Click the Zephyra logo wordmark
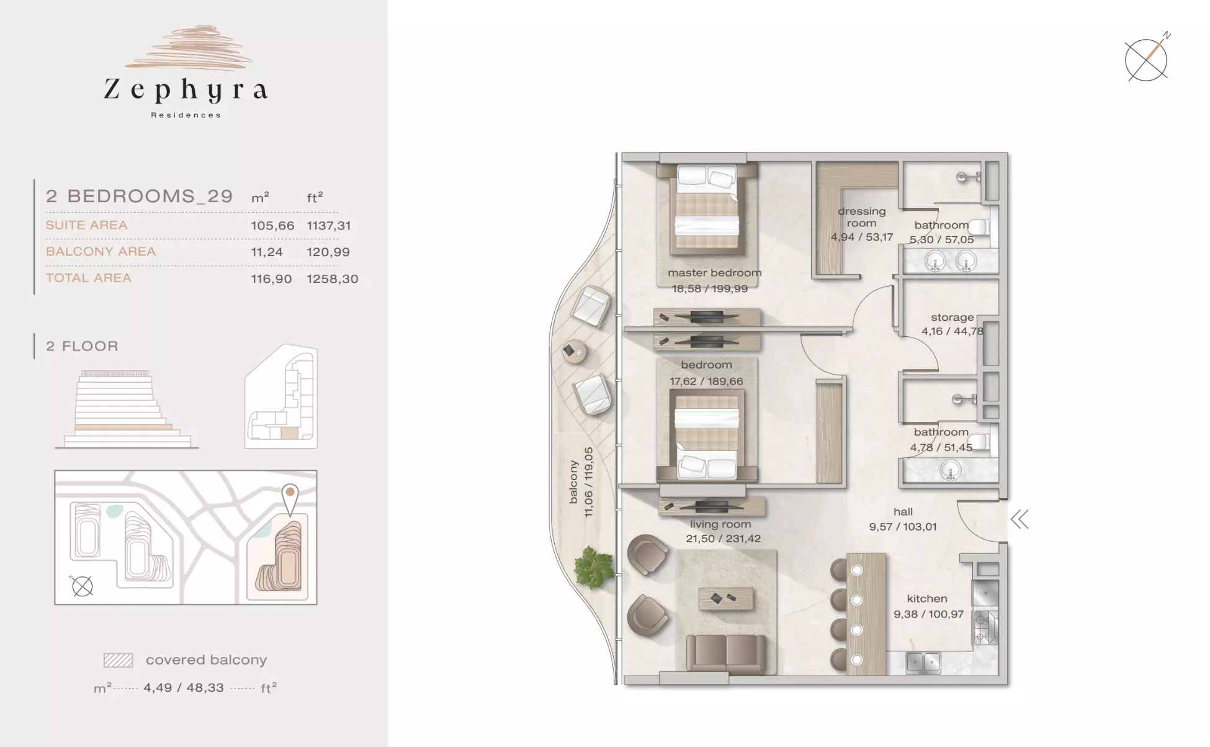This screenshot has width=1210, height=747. (x=186, y=91)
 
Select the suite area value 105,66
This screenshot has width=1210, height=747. (x=272, y=226)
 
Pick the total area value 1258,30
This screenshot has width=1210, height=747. (x=333, y=279)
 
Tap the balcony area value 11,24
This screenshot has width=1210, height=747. (x=267, y=253)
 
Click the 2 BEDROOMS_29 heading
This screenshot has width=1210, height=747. (x=140, y=196)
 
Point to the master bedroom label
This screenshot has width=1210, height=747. (x=715, y=273)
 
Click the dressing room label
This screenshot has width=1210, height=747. (x=862, y=217)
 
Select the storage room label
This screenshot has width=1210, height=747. (x=952, y=317)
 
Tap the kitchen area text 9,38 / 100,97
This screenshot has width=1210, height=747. (x=928, y=614)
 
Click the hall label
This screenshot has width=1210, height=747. (x=903, y=512)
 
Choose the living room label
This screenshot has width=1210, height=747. (x=720, y=524)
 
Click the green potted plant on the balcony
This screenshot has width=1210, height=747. (x=594, y=566)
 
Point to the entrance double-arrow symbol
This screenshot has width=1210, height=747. (x=1020, y=519)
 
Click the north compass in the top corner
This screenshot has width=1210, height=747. (x=1147, y=58)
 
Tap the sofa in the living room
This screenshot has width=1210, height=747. (x=725, y=653)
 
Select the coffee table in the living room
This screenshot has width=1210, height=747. (x=726, y=599)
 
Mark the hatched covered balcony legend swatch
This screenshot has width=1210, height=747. (x=118, y=660)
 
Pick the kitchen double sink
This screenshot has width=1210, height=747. (x=923, y=663)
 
